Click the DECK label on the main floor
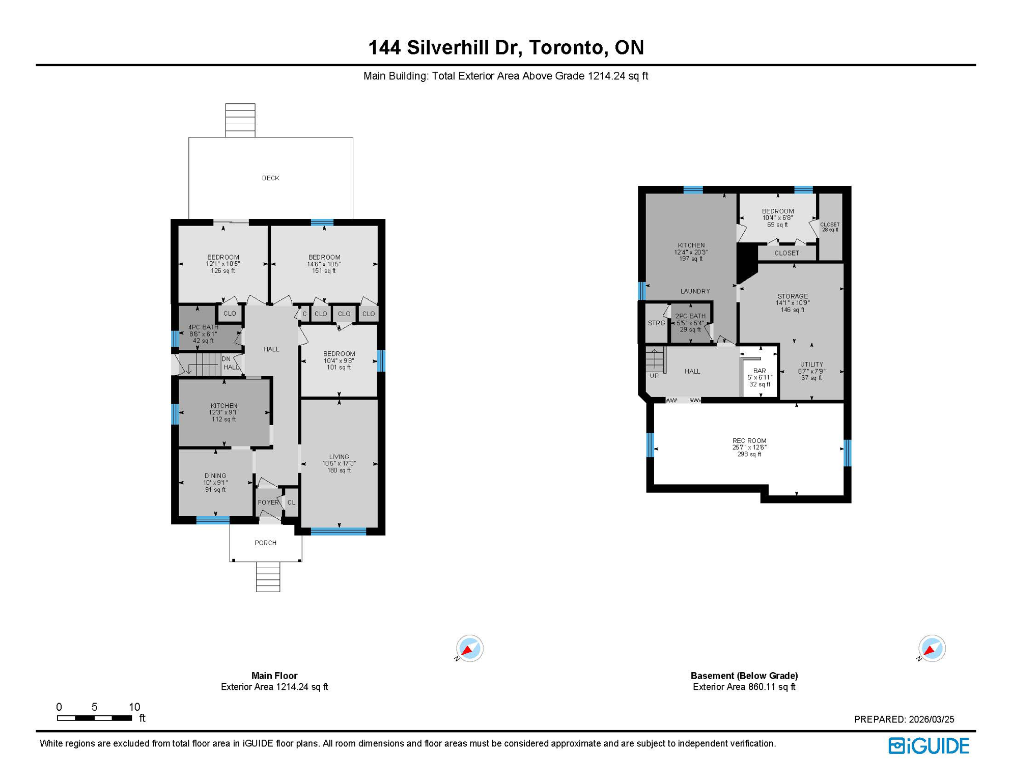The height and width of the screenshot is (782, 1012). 270,178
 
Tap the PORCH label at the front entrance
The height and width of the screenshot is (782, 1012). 265,543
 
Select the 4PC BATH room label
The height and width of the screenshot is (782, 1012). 203,327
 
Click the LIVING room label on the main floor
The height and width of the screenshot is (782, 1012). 339,457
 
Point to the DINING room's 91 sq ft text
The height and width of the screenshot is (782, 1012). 215,490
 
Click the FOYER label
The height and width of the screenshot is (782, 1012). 268,502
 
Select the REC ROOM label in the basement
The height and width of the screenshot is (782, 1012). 749,441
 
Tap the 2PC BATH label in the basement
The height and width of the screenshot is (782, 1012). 690,316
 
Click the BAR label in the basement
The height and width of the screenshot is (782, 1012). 759,371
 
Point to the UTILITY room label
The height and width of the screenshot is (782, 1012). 811,365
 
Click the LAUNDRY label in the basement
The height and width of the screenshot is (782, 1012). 695,291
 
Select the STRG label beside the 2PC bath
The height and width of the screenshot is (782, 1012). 656,323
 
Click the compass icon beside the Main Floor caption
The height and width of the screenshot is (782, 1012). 469,649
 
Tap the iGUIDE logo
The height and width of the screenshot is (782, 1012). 929,746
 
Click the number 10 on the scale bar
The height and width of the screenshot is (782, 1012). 134,707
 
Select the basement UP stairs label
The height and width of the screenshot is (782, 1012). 654,376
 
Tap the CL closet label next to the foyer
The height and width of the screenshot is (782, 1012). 291,502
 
